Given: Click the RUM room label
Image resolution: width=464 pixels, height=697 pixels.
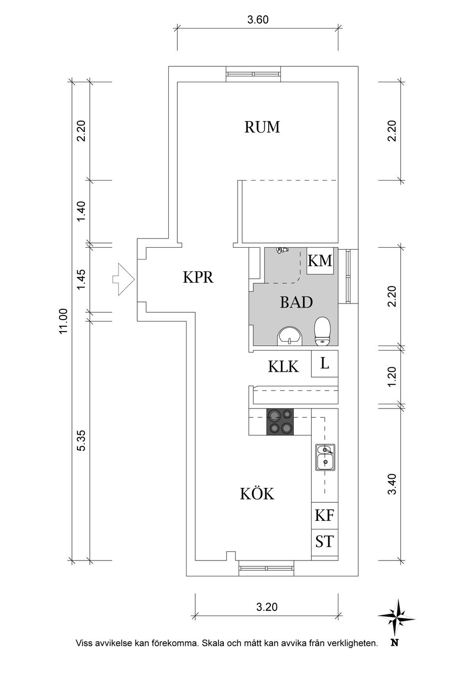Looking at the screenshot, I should (262, 127).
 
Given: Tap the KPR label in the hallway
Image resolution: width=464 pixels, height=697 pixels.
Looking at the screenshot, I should (198, 277).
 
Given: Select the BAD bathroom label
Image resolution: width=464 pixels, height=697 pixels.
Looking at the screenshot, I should (296, 303).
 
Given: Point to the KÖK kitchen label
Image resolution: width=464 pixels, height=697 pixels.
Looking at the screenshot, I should (257, 494).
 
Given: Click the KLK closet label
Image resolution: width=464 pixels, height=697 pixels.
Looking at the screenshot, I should (283, 367).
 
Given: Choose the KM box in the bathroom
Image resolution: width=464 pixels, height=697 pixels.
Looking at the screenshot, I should (320, 261).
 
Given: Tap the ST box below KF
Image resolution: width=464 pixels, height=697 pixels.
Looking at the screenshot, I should (324, 541).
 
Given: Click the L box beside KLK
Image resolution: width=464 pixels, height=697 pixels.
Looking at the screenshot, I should (324, 364).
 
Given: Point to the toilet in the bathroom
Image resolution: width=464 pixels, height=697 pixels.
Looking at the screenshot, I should (322, 332).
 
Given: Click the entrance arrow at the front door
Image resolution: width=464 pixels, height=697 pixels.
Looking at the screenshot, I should (123, 278).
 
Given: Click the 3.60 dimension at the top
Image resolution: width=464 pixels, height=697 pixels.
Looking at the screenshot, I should (258, 20).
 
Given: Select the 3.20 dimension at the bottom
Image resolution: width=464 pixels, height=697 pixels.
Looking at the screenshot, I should (266, 607).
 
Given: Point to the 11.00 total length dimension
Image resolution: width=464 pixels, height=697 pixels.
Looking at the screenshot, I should (63, 321).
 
